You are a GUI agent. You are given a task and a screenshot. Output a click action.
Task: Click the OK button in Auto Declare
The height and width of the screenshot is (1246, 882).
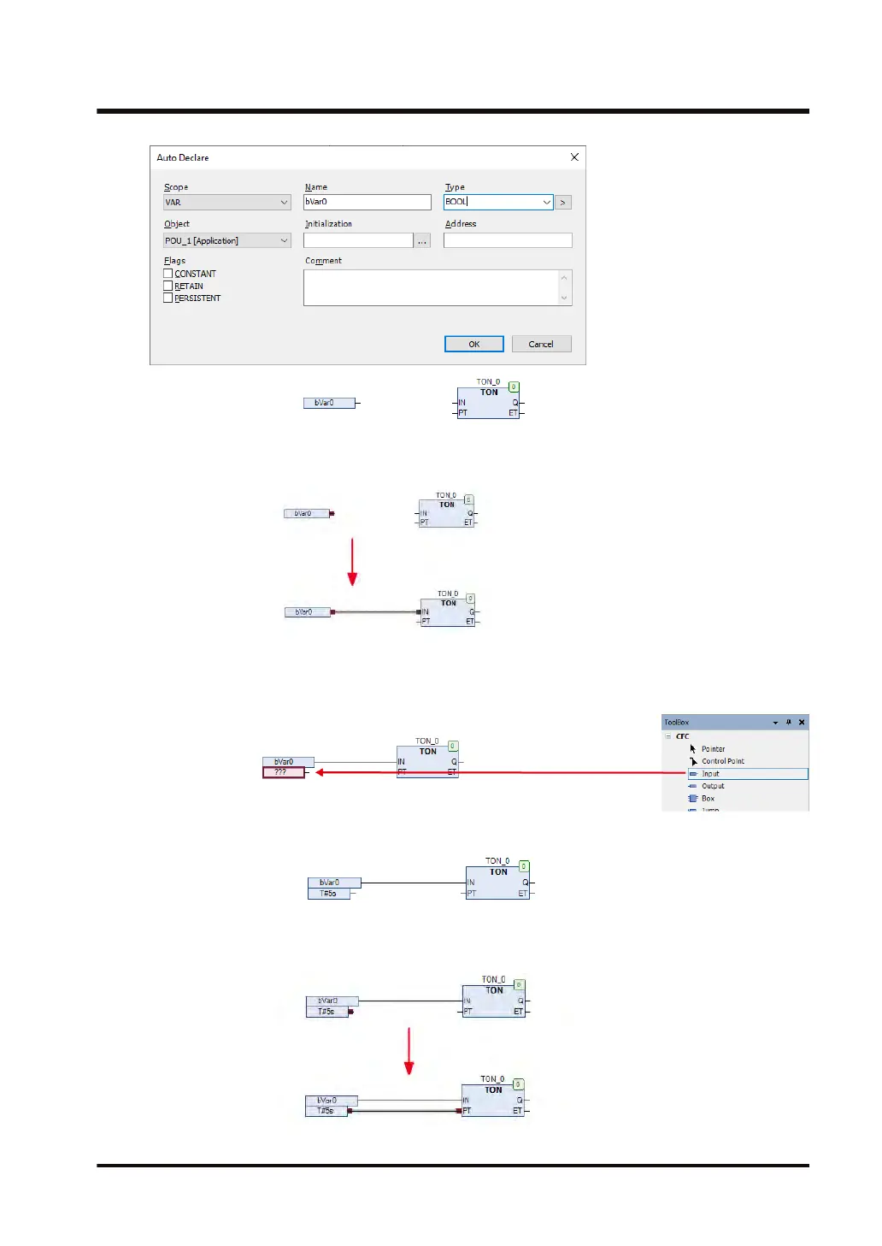pos(473,344)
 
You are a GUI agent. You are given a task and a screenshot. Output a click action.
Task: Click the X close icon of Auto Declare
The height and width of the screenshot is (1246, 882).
pos(574,157)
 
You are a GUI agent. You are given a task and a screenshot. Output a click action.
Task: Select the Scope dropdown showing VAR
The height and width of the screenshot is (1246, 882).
pos(226,203)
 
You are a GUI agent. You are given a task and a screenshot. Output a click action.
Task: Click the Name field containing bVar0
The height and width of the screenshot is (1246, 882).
pos(367,202)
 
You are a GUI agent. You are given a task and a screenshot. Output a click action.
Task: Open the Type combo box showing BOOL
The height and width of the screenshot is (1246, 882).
pos(497,202)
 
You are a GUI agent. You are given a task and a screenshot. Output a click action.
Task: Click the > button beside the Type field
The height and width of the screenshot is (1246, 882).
pos(562,203)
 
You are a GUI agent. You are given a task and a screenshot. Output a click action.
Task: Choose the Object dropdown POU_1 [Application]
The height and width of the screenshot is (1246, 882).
pos(226,241)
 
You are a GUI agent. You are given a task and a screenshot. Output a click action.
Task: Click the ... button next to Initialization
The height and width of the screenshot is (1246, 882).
pos(422,241)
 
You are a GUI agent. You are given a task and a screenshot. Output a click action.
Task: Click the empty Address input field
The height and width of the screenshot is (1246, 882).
pos(507,240)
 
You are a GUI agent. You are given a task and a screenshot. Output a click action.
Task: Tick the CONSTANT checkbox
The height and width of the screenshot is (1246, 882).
pos(168,274)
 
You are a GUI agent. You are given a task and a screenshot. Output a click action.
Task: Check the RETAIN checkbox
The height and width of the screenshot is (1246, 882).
pos(168,286)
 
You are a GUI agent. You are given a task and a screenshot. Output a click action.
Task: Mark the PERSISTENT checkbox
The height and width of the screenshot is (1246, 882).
pos(168,298)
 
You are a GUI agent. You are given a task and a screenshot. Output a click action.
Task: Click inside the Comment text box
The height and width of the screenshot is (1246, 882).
pos(432,287)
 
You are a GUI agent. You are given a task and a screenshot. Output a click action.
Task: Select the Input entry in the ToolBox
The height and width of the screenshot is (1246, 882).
pos(711,774)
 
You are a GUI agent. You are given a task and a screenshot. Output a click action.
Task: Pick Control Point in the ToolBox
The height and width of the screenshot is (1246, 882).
pos(722,761)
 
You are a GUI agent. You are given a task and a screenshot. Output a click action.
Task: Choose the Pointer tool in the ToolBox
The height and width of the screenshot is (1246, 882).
pos(713,749)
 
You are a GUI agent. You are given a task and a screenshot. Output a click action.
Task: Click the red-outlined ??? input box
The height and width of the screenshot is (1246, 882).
pos(283,772)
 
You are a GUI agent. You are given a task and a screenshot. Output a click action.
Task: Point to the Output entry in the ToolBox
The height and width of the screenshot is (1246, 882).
pos(713,786)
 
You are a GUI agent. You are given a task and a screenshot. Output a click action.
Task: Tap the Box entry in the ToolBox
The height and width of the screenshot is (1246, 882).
pos(708,799)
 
